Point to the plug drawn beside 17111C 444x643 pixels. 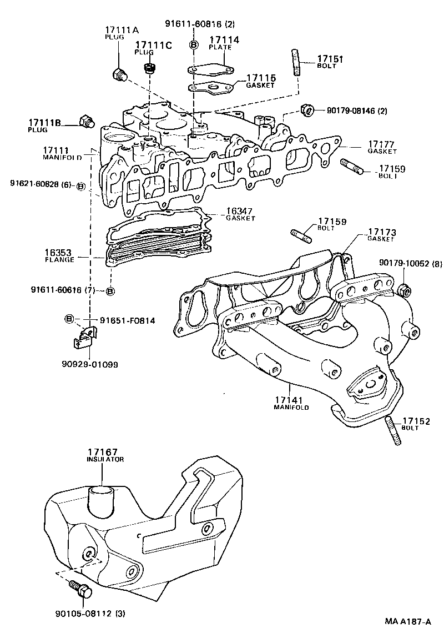[148, 69]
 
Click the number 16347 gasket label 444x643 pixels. [239, 212]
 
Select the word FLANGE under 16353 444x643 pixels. [59, 259]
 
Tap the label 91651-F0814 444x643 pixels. [127, 320]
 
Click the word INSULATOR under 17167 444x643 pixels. [104, 460]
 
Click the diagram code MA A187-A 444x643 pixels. [408, 622]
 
